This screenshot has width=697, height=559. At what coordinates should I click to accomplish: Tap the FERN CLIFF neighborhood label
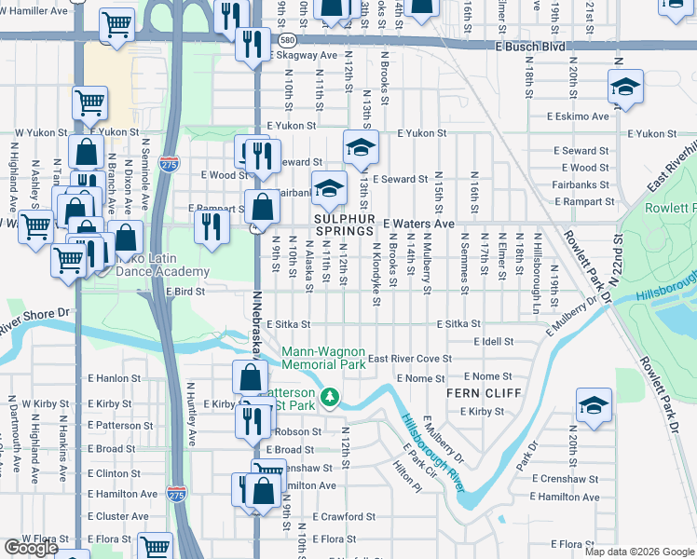[474, 393]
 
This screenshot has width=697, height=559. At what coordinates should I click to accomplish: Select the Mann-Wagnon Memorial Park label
[323, 359]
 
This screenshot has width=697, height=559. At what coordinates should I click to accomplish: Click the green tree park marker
[329, 398]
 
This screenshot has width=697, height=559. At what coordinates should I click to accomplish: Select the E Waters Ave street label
[417, 224]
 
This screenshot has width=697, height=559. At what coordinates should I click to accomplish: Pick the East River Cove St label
[409, 359]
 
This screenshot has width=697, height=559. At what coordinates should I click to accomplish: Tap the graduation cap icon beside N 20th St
[594, 404]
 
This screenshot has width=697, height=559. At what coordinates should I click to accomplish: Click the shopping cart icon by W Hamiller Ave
[116, 24]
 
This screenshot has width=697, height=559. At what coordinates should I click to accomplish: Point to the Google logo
[31, 548]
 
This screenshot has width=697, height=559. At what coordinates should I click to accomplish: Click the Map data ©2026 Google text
[638, 552]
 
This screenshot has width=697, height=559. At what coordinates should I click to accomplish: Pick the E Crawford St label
[344, 515]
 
